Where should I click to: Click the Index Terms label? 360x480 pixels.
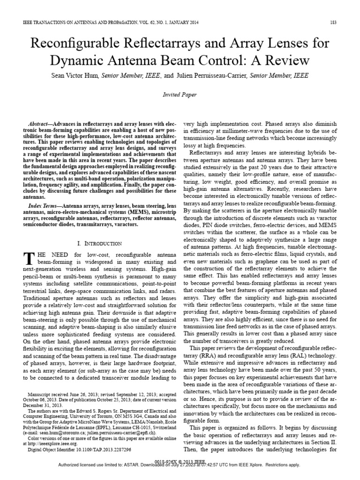pyautogui.click(x=44, y=206)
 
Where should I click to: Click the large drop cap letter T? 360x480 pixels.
pyautogui.click(x=29, y=257)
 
